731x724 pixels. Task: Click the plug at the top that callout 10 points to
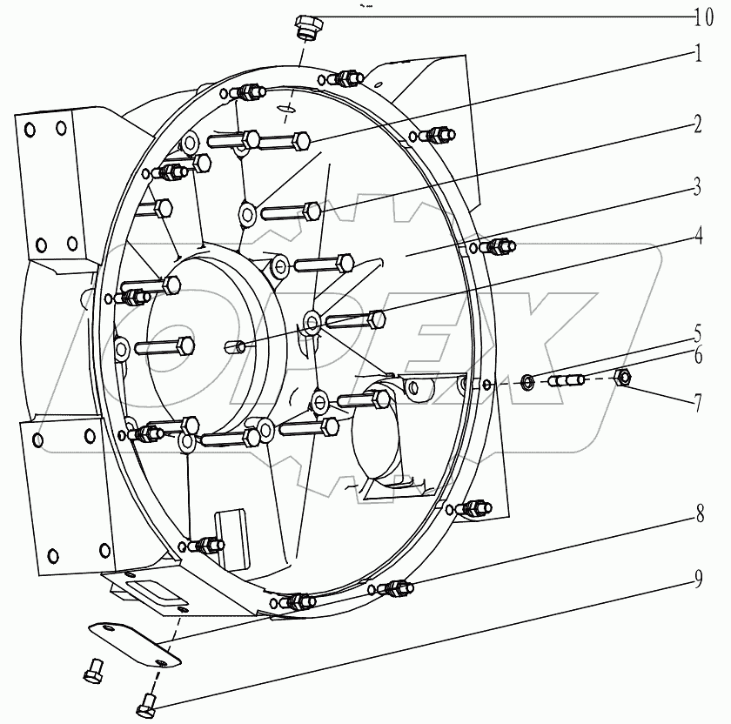[308, 27]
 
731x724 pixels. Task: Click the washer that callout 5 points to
[526, 380]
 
